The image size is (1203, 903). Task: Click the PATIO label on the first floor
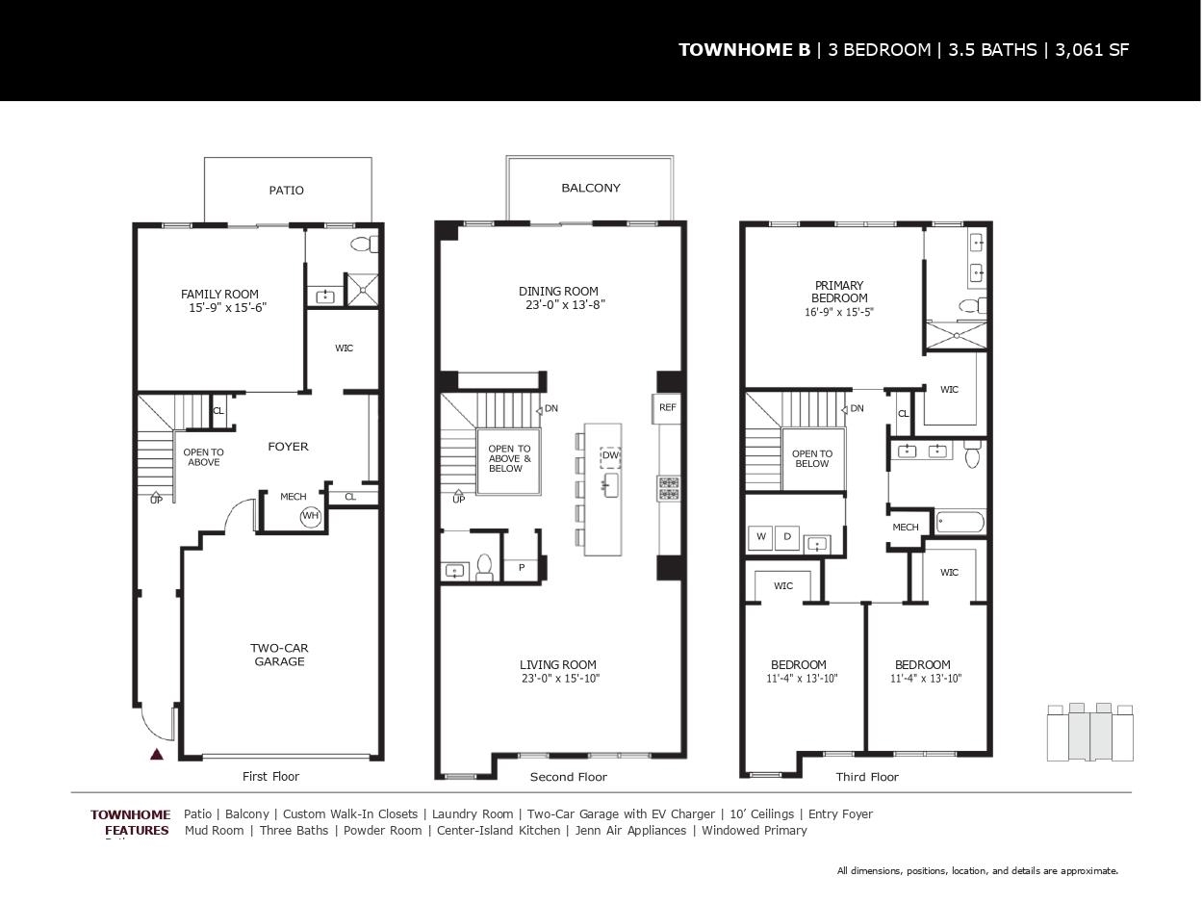click(x=286, y=191)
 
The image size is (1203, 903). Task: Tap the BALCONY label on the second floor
click(x=591, y=188)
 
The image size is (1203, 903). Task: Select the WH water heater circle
click(x=310, y=516)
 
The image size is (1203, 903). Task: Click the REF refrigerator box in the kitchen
click(x=667, y=408)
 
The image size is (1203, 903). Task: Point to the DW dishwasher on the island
click(x=610, y=455)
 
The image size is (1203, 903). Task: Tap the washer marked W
click(x=760, y=537)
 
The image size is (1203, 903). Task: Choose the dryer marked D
click(x=787, y=537)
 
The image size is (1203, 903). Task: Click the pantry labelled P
click(x=522, y=568)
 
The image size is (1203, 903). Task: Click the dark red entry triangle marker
click(x=157, y=755)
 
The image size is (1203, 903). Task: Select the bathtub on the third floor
click(x=960, y=522)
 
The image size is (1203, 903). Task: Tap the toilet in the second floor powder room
click(x=484, y=567)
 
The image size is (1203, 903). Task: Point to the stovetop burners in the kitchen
click(x=669, y=489)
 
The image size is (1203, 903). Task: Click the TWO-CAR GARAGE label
click(x=279, y=655)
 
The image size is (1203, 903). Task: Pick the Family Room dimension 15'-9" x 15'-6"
click(x=227, y=308)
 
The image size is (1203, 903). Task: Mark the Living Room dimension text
click(x=561, y=679)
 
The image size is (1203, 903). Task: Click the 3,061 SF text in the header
click(x=1091, y=50)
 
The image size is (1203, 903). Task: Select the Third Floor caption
click(x=867, y=777)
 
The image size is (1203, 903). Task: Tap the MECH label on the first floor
click(x=294, y=497)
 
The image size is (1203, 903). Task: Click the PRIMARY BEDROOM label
click(x=839, y=293)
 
